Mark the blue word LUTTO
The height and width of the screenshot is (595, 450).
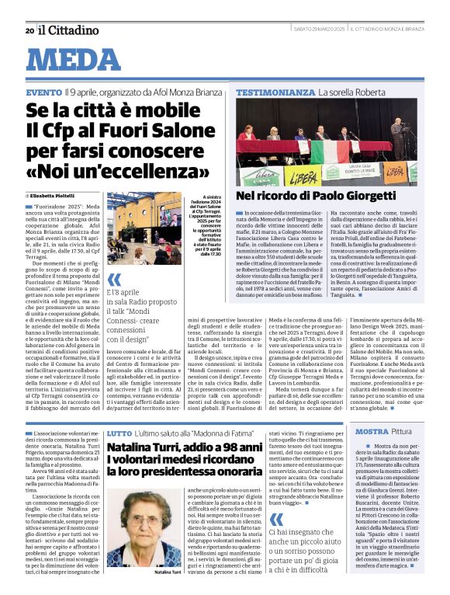[119, 432]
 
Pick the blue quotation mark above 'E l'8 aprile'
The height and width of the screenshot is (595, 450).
[114, 280]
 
